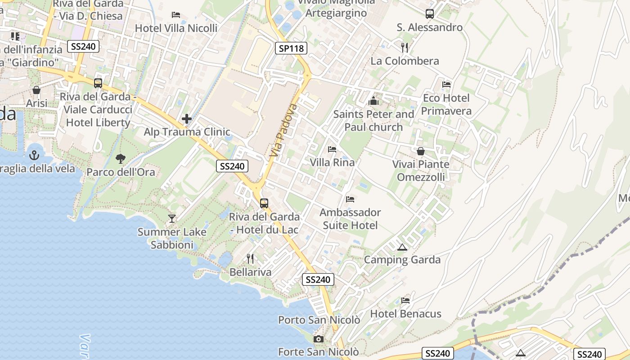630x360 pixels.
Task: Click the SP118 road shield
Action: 291,48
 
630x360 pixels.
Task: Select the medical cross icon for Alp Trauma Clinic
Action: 187,119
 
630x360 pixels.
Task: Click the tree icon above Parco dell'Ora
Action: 120,158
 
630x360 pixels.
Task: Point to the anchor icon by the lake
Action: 34,155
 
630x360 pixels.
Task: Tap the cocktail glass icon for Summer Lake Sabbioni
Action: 171,219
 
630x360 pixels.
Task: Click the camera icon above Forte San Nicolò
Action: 319,339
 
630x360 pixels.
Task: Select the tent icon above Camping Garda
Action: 402,247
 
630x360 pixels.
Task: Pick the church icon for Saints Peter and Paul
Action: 373,101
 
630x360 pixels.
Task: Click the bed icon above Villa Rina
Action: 332,149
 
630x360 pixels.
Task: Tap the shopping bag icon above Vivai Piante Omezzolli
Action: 420,151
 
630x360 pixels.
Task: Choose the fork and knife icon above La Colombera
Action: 405,47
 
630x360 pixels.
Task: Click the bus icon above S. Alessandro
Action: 430,14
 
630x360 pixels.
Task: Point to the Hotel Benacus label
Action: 405,314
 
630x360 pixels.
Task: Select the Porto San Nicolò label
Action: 319,320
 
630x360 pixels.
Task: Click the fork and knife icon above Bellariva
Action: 250,259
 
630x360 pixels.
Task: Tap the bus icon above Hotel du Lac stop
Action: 264,203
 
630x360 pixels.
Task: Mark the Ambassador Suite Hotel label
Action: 350,218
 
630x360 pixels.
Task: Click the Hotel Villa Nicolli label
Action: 176,28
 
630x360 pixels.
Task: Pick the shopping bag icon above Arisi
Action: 36,90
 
